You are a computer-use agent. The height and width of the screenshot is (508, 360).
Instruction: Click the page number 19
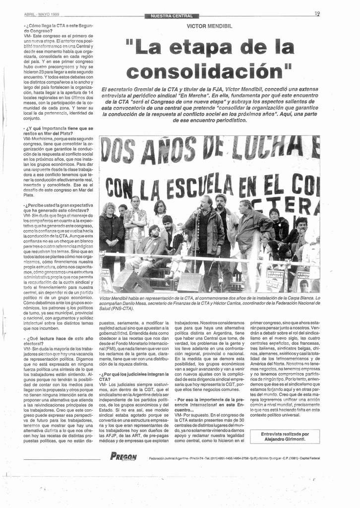point(317,14)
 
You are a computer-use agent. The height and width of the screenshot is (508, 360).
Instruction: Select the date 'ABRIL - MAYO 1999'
point(41,15)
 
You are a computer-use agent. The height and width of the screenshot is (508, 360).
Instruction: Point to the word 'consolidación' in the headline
point(209,70)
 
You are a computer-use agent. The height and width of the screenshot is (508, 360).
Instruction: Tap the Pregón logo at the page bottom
point(123,456)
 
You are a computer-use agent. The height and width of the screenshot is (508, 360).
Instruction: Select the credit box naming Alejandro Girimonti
point(285,437)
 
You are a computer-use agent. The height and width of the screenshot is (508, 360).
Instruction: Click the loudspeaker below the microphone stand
point(191,283)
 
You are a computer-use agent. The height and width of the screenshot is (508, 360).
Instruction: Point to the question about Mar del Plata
point(58,131)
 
